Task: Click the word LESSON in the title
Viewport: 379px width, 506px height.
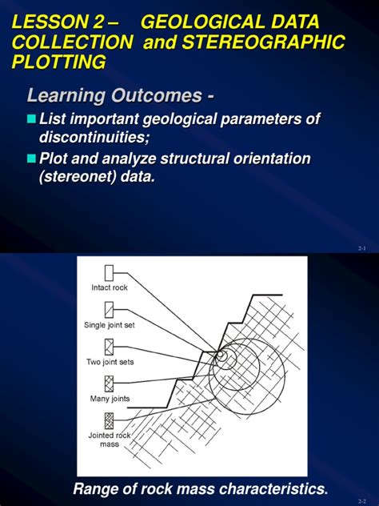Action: pos(49,22)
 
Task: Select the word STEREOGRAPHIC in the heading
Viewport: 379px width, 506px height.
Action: pos(263,42)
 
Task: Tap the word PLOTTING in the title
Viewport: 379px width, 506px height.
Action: pos(58,62)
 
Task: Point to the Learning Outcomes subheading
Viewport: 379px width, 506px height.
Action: pos(120,95)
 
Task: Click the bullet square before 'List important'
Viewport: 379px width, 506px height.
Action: pos(31,118)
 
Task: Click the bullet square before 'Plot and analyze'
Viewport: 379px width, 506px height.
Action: pos(31,159)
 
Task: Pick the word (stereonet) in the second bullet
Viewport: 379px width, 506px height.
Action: pos(78,177)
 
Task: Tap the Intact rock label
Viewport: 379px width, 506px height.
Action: pos(110,287)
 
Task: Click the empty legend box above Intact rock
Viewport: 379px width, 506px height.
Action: pos(110,273)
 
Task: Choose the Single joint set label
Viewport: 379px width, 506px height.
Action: pos(110,325)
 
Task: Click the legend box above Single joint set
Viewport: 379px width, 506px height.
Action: pos(110,310)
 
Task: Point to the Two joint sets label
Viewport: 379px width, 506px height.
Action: pos(110,362)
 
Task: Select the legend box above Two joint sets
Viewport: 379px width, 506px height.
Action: pos(110,347)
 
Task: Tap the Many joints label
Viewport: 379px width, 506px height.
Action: pos(110,399)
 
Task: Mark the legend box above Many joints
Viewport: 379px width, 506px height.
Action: pos(110,384)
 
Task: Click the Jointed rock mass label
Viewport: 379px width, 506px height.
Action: pos(110,440)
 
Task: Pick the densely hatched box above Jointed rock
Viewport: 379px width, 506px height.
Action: pos(110,421)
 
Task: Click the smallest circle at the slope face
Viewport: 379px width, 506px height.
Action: pos(223,354)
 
